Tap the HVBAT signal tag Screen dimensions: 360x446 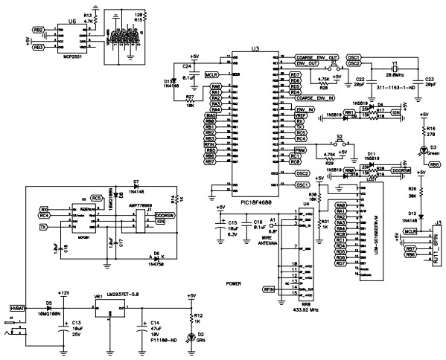(x=16, y=306)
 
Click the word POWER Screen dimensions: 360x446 (x=235, y=283)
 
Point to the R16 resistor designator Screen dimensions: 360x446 (x=430, y=128)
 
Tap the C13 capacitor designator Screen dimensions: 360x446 (x=76, y=323)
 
